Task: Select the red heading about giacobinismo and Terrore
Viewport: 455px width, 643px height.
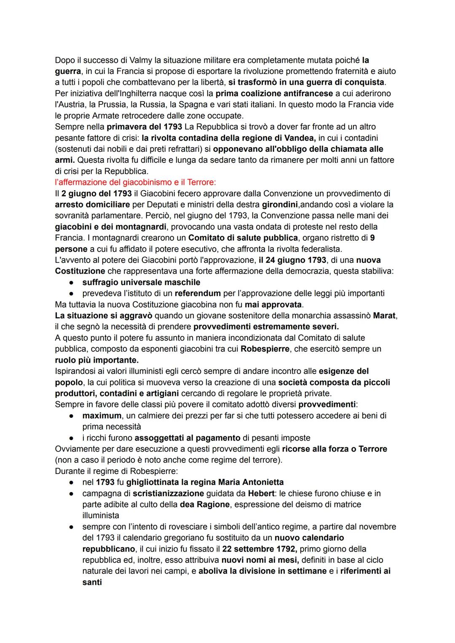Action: pos(135,182)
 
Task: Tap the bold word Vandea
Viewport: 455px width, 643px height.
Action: pos(300,138)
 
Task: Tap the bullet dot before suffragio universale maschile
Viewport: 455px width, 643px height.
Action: pos(72,282)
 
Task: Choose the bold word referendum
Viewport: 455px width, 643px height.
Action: pos(198,293)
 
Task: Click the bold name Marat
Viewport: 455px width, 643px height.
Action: pos(385,315)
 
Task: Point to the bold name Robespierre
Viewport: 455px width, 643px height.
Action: pos(265,349)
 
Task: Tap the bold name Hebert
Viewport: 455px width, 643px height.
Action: pos(261,493)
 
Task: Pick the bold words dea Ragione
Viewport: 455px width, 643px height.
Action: pos(205,504)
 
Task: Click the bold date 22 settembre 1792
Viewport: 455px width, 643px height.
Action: pos(260,549)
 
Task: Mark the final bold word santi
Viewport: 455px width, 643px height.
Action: pos(92,582)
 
